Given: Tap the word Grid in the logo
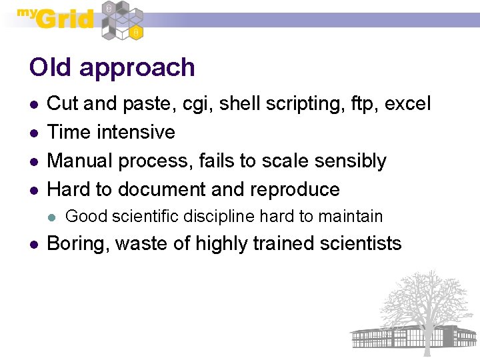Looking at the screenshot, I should [x=65, y=19].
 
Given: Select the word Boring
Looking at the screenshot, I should [x=78, y=245].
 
